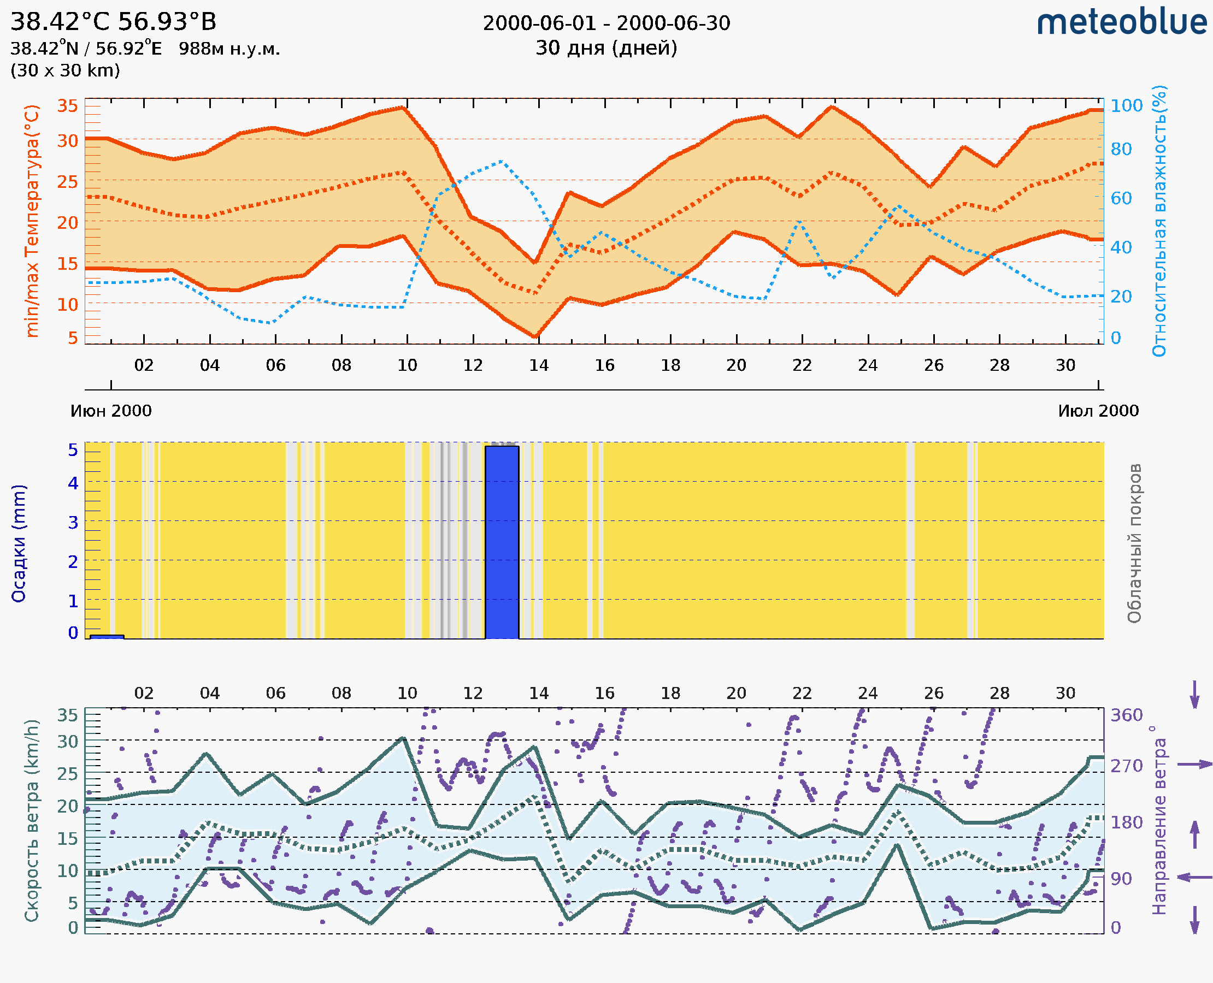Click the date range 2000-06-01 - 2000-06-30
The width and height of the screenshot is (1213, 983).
[x=606, y=23]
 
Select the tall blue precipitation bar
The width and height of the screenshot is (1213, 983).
[x=502, y=542]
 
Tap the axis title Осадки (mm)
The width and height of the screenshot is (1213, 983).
[x=19, y=543]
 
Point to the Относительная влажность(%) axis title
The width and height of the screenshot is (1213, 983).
[x=1160, y=221]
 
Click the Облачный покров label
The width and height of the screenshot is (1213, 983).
[x=1134, y=543]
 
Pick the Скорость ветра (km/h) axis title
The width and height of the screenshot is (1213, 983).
[x=32, y=820]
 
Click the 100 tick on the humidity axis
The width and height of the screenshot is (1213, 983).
[x=1126, y=105]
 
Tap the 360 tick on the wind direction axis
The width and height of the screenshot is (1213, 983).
[x=1126, y=715]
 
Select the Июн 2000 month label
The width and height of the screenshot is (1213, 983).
[x=111, y=411]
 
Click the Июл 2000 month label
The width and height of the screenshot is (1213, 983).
[x=1098, y=411]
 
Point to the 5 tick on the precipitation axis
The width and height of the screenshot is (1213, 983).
[x=73, y=450]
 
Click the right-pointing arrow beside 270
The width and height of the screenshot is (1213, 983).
[x=1194, y=765]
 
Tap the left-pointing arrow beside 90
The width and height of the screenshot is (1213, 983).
[x=1194, y=877]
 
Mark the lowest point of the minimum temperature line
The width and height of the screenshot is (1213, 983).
[x=535, y=337]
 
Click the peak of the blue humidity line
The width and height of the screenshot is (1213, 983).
[x=502, y=162]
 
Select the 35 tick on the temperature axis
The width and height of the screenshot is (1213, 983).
[x=67, y=106]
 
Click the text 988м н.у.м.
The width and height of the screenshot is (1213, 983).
[x=229, y=49]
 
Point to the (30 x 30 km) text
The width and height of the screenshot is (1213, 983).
[x=65, y=71]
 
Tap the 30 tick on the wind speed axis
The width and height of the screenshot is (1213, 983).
[x=67, y=741]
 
